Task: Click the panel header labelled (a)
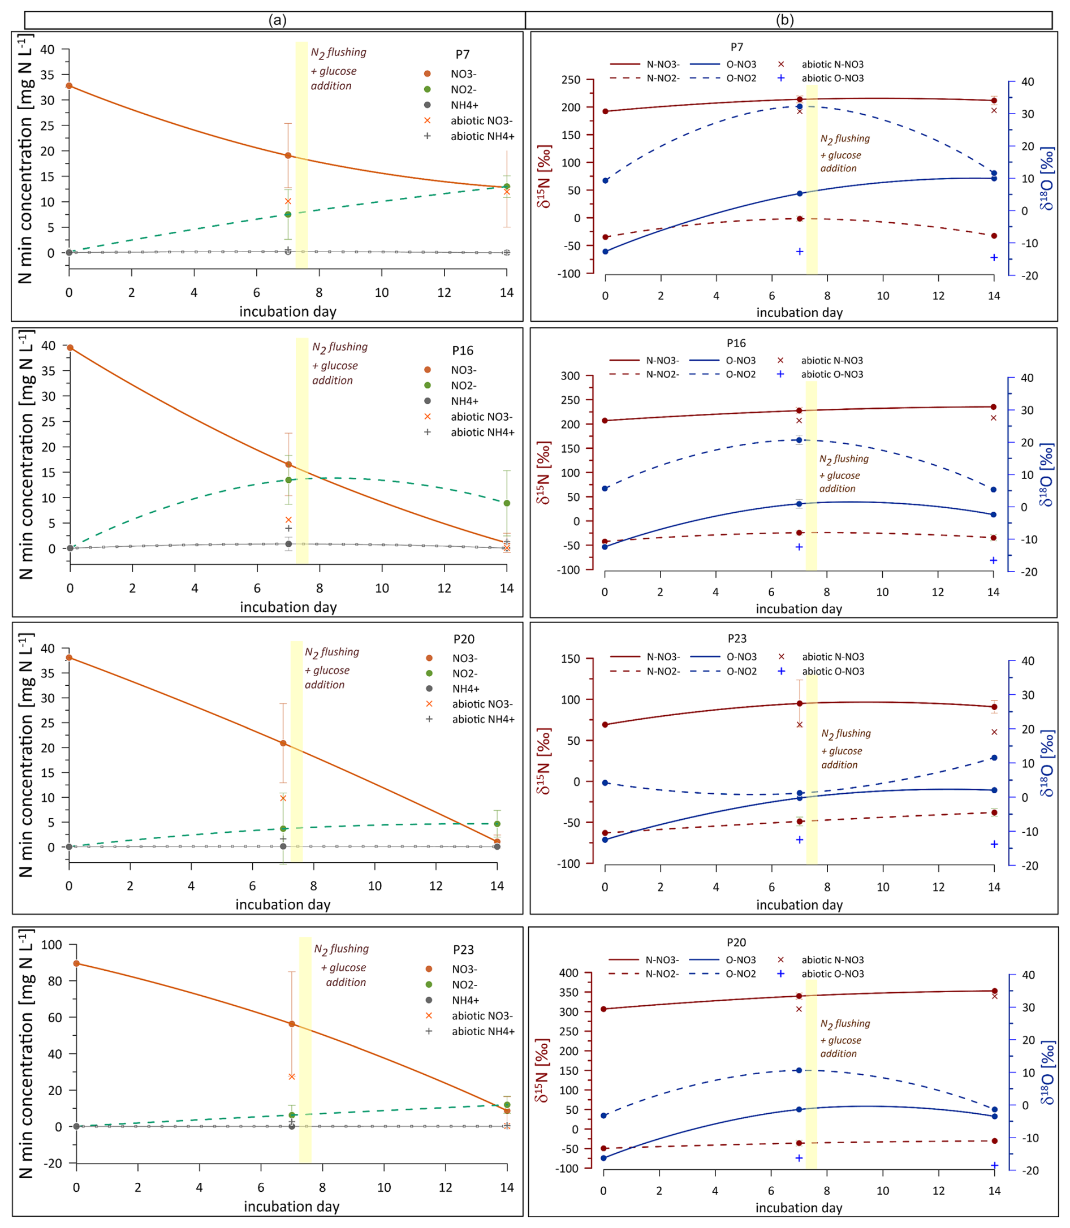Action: tap(277, 20)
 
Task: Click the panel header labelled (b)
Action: tap(784, 20)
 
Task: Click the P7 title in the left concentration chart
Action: tap(463, 54)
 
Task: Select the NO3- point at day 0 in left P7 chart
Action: tap(69, 86)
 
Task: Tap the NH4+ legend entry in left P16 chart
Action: tap(464, 401)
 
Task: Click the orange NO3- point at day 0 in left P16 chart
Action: tap(71, 348)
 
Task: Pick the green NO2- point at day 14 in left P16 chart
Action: tap(507, 503)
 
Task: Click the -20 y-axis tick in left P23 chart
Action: tap(52, 1163)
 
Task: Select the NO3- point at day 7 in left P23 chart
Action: tap(292, 1024)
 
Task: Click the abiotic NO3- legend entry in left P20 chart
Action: tap(482, 704)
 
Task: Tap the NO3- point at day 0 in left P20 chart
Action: tap(69, 658)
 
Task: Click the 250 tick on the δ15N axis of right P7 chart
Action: tap(571, 79)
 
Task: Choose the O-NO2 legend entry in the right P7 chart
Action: tap(741, 78)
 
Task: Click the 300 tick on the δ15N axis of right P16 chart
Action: tap(570, 376)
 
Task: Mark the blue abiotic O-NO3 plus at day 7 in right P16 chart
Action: tap(799, 547)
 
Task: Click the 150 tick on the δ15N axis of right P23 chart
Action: tap(571, 659)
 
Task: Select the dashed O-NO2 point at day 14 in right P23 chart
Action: tap(994, 758)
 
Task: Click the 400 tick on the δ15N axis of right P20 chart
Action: tap(569, 972)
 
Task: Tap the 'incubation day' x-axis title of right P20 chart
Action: tap(799, 1208)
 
